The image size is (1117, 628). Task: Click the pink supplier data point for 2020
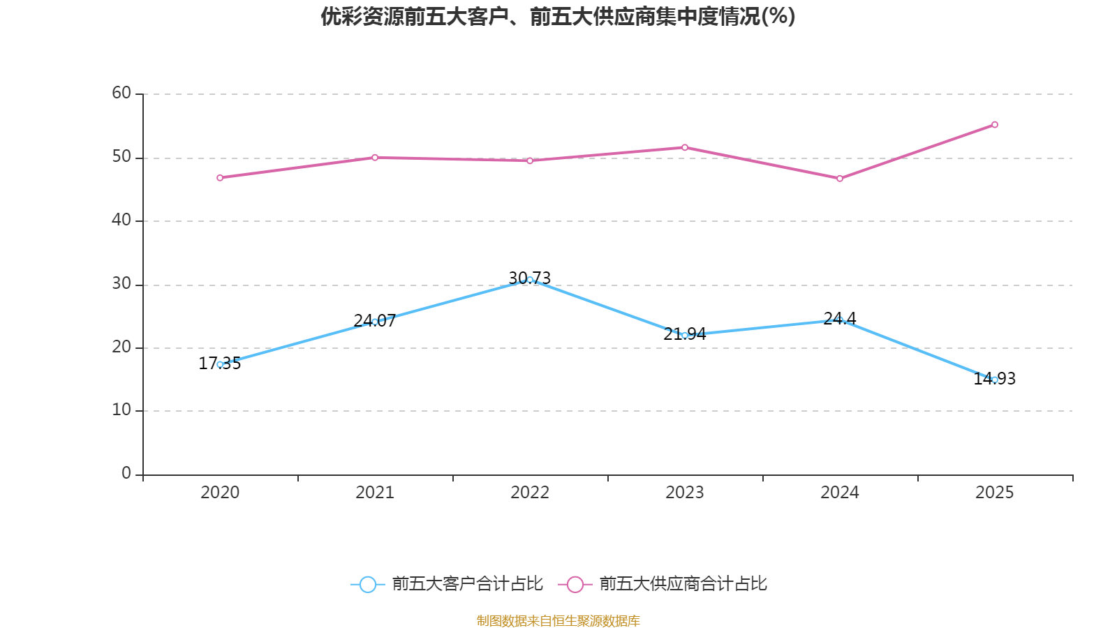tap(220, 178)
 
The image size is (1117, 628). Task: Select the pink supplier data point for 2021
tap(375, 158)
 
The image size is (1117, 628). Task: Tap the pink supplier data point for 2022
tap(530, 160)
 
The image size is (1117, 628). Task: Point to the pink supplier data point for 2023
tap(685, 147)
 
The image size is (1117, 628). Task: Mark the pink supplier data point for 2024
tap(840, 179)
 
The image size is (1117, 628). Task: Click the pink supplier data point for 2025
tap(995, 125)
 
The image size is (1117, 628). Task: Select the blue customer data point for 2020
tap(220, 364)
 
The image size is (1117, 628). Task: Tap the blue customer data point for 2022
tap(530, 280)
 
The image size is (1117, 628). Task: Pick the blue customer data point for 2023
tap(685, 336)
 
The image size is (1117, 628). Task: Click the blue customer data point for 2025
tap(995, 380)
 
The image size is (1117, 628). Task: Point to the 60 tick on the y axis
tap(121, 93)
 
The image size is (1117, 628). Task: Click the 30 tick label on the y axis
tap(121, 283)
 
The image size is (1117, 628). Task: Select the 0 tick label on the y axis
tap(126, 473)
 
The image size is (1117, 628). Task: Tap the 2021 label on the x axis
tap(375, 493)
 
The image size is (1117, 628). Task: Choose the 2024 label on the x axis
tap(840, 493)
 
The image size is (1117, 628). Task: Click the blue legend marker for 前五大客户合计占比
tap(367, 585)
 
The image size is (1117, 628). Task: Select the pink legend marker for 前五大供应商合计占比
tap(575, 585)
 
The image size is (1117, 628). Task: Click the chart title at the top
tap(558, 17)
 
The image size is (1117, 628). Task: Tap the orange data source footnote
tap(558, 620)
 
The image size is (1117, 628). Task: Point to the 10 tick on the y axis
tap(121, 410)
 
